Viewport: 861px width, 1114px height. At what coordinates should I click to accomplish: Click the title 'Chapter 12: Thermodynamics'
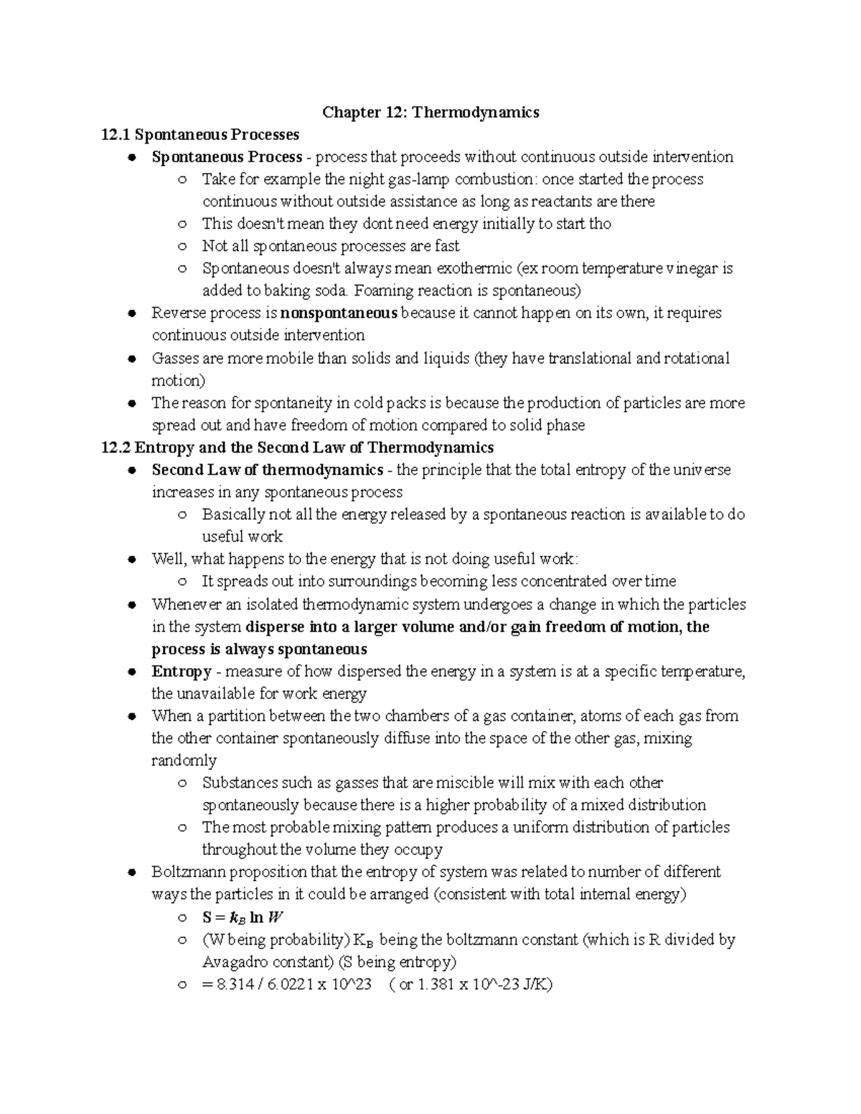[x=430, y=113]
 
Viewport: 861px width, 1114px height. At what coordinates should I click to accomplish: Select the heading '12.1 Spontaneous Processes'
[x=200, y=135]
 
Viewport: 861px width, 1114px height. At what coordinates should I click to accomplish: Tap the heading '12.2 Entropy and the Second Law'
[x=298, y=448]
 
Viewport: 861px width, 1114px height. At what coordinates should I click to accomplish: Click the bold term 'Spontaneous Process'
[x=227, y=157]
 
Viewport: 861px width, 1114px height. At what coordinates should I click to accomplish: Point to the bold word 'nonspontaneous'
[x=339, y=313]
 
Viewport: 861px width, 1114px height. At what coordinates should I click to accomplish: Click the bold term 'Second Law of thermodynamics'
[x=267, y=470]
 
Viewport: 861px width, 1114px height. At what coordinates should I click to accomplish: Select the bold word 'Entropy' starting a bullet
[x=181, y=671]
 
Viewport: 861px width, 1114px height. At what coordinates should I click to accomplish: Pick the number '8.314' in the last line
[x=231, y=984]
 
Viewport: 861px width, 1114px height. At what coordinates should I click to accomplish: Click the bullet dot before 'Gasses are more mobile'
[x=131, y=359]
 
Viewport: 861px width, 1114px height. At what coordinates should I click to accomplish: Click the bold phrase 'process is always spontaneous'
[x=259, y=649]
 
